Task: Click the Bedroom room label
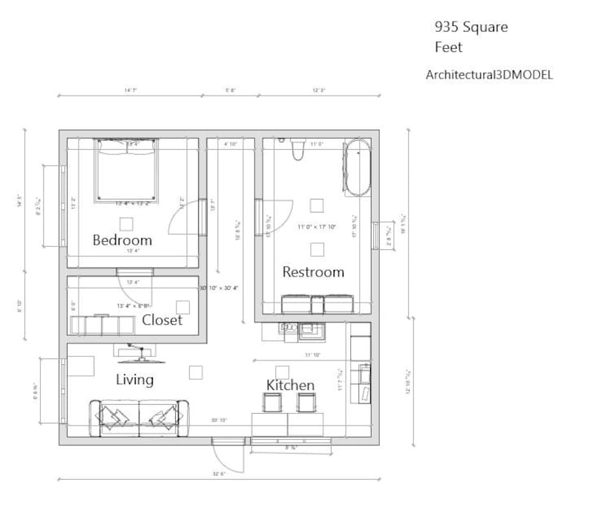tap(122, 240)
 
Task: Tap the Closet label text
tap(162, 320)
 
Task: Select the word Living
tap(135, 380)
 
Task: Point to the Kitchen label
tap(290, 385)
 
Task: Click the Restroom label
tap(313, 272)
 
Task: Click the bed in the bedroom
tap(125, 171)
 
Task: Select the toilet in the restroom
tap(299, 151)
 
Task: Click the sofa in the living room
tap(139, 417)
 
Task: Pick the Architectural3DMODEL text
tap(489, 75)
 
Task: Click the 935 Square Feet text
tap(470, 37)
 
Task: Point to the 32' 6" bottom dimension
tap(219, 473)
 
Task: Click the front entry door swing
tap(230, 456)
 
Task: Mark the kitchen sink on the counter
tap(310, 329)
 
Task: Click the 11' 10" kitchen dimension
tap(312, 355)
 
